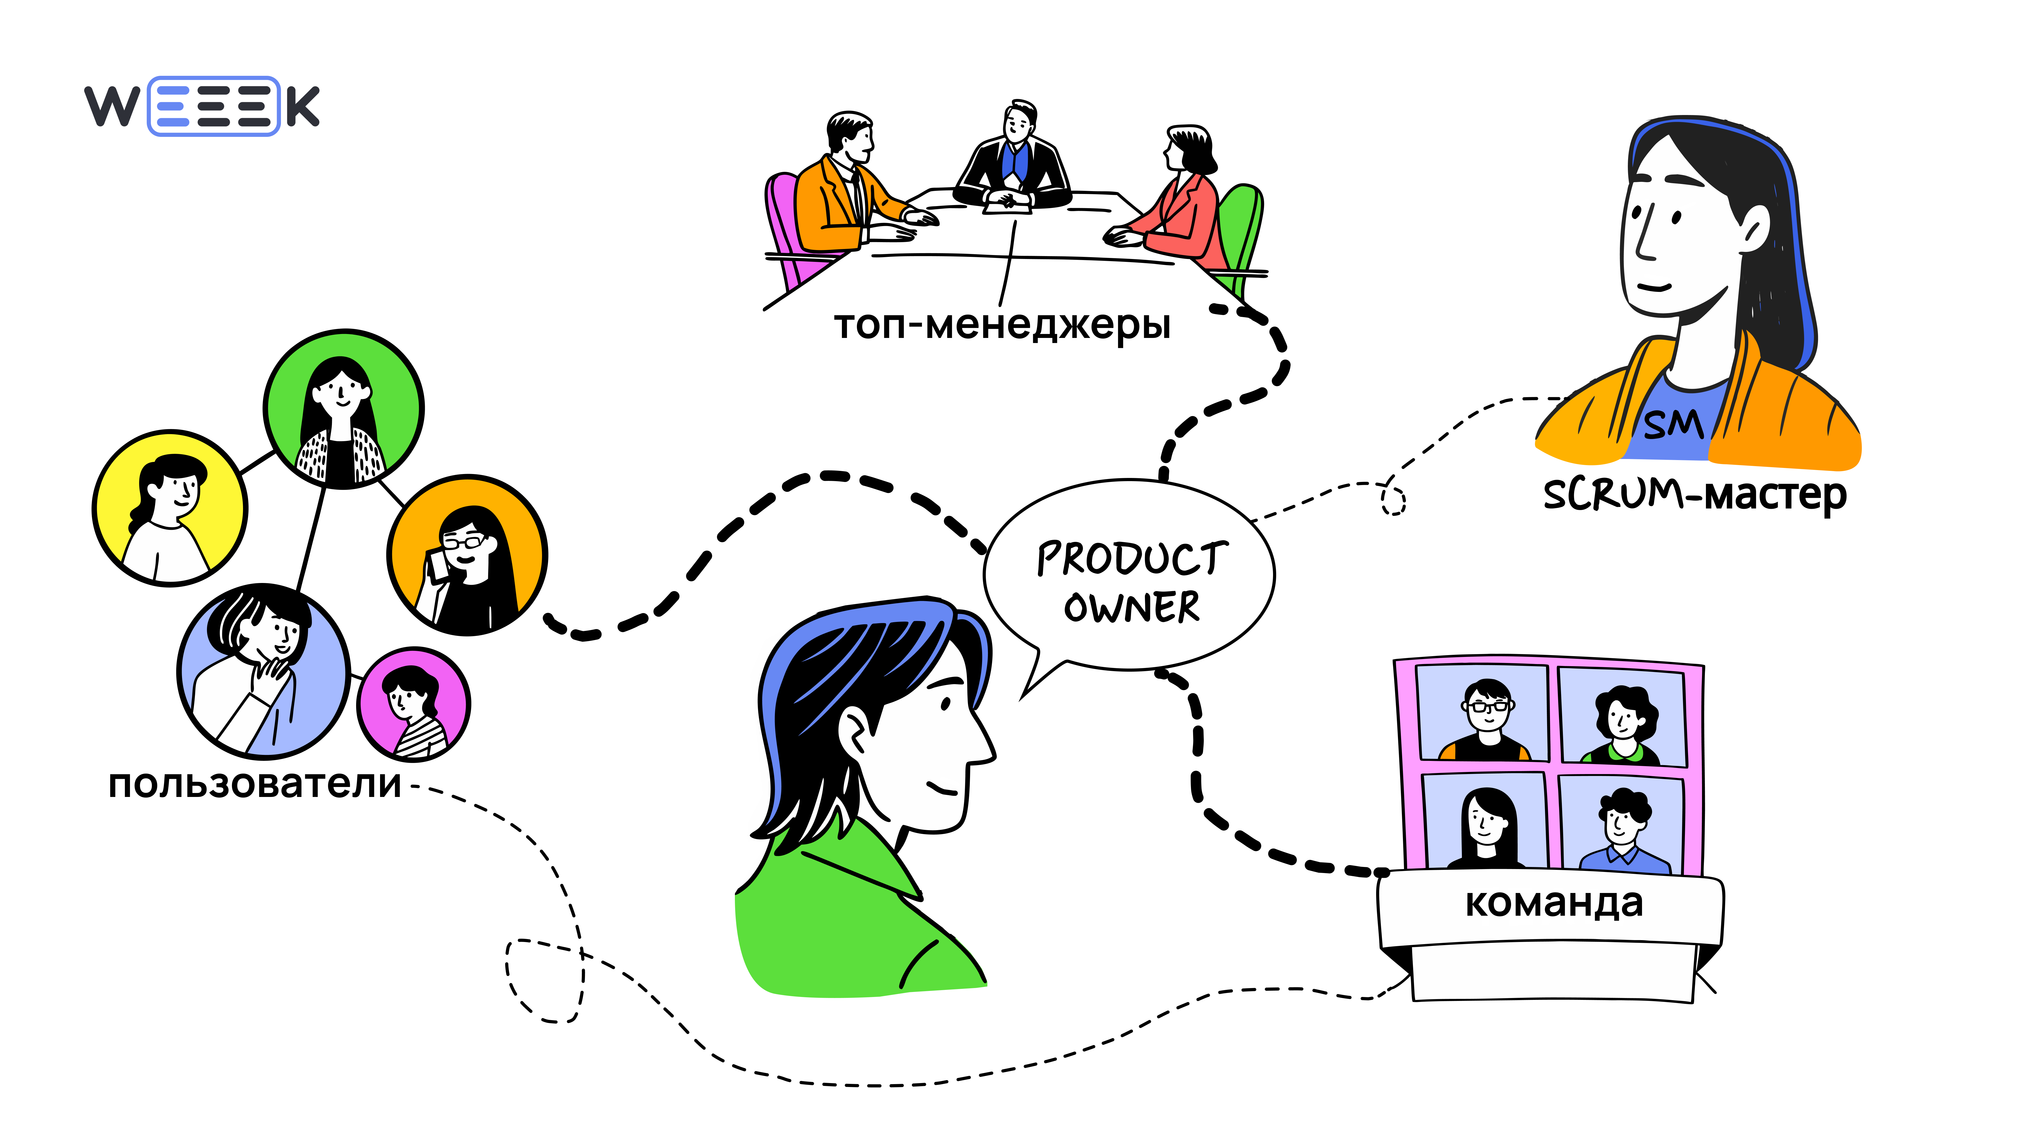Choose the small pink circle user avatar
413,705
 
